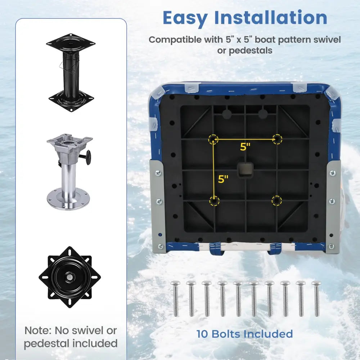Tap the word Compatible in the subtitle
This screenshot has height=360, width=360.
tap(175, 40)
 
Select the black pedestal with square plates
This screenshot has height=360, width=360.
tap(71, 73)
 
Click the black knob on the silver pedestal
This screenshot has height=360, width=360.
tap(88, 157)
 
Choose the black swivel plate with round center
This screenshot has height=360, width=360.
tap(69, 277)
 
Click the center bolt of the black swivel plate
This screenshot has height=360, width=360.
tap(69, 277)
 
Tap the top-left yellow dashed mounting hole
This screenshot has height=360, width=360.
tap(213, 139)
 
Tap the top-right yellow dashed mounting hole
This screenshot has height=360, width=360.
tap(277, 139)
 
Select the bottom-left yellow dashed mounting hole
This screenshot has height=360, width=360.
tap(214, 201)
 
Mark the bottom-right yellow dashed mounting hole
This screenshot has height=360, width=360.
tap(276, 201)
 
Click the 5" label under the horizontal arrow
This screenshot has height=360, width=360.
tap(245, 147)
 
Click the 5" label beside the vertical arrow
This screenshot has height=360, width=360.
tap(223, 179)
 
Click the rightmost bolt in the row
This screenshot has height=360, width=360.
tap(316, 298)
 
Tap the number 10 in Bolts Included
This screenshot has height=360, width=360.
tap(202, 334)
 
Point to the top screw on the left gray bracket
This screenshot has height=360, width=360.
tap(158, 173)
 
